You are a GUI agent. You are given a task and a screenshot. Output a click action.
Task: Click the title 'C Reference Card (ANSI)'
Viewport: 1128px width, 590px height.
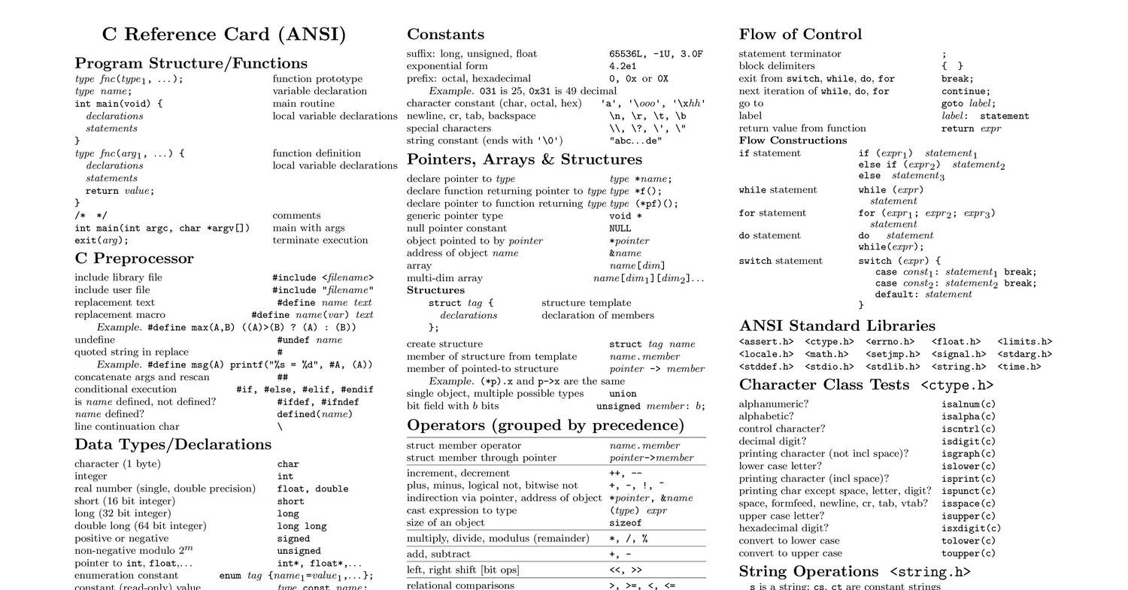pyautogui.click(x=224, y=35)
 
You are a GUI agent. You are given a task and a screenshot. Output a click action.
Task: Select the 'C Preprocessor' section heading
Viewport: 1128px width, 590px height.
pyautogui.click(x=134, y=259)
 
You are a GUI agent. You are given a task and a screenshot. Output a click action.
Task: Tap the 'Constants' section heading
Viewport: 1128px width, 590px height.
pyautogui.click(x=445, y=35)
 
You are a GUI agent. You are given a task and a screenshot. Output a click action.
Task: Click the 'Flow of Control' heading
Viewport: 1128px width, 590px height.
pyautogui.click(x=800, y=35)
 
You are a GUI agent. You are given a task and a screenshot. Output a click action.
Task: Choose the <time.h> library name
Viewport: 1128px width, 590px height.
pyautogui.click(x=1019, y=368)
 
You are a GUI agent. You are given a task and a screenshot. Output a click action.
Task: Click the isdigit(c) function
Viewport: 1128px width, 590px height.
pyautogui.click(x=968, y=442)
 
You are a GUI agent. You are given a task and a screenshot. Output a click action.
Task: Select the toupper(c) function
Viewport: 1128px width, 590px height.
pyautogui.click(x=968, y=554)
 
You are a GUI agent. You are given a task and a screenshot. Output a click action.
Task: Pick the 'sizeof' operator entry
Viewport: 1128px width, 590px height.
pyautogui.click(x=625, y=523)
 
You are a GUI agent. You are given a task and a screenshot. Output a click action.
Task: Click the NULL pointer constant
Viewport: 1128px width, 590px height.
pyautogui.click(x=620, y=228)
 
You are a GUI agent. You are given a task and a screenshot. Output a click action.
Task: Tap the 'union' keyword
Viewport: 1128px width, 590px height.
pyautogui.click(x=622, y=394)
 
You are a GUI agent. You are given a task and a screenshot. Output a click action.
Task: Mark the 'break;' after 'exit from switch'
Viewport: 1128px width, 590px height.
pyautogui.click(x=957, y=79)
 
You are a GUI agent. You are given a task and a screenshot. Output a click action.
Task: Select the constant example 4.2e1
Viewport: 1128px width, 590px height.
pyautogui.click(x=623, y=66)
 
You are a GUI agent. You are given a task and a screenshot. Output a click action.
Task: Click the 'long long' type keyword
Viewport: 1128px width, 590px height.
pyautogui.click(x=302, y=527)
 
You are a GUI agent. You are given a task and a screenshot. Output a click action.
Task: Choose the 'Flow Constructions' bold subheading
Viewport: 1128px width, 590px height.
pyautogui.click(x=793, y=141)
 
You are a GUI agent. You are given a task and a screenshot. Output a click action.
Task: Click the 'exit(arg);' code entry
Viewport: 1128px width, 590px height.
pyautogui.click(x=102, y=241)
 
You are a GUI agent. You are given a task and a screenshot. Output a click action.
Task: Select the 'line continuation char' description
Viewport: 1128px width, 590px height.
pyautogui.click(x=126, y=427)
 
